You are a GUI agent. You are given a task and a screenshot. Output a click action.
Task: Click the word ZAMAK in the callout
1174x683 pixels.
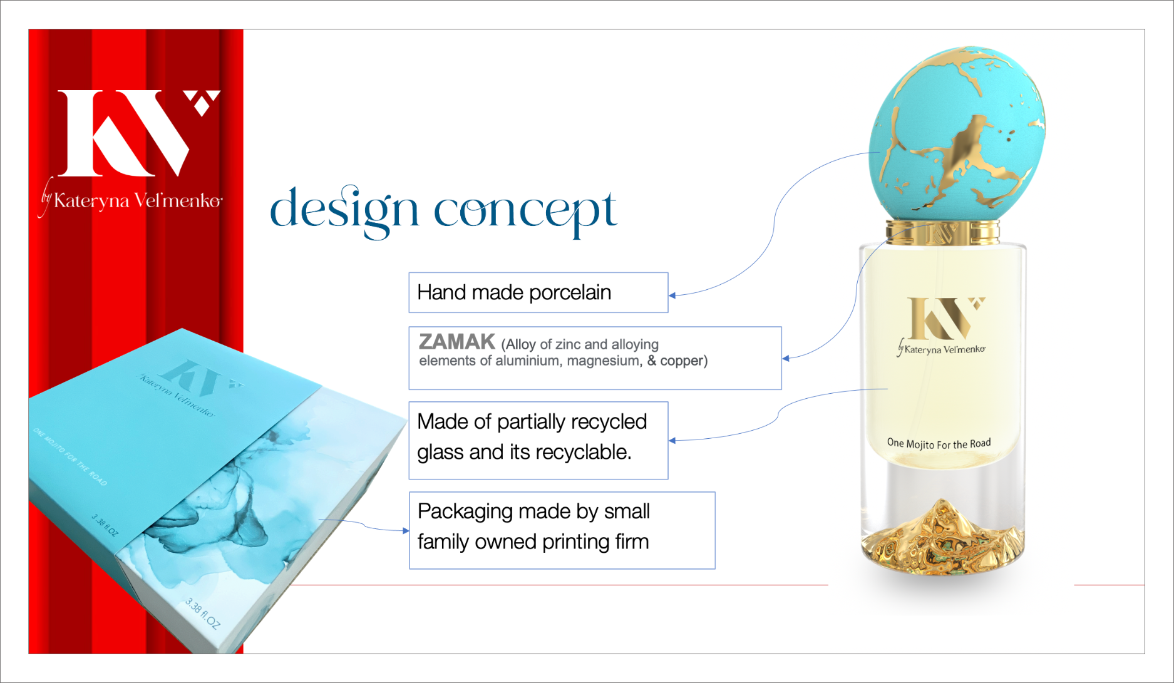[x=457, y=342]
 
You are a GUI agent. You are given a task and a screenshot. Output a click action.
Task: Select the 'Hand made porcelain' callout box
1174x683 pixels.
[x=538, y=292]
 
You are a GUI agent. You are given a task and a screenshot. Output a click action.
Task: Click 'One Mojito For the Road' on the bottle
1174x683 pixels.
[x=939, y=443]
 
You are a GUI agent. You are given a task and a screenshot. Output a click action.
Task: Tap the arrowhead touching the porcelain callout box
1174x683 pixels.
[x=672, y=295]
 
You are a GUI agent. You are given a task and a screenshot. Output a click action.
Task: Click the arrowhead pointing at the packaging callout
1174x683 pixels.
[x=406, y=531]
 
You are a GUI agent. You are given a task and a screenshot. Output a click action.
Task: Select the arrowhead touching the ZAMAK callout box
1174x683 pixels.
[x=786, y=359]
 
